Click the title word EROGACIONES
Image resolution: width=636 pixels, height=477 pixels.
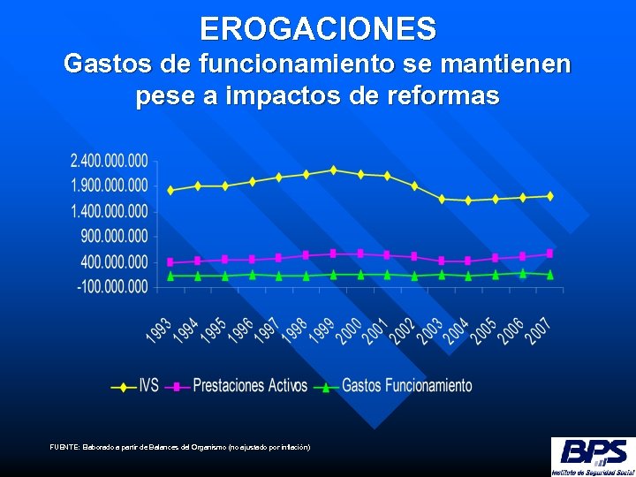pyautogui.click(x=318, y=28)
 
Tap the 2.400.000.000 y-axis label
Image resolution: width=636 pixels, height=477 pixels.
pyautogui.click(x=109, y=162)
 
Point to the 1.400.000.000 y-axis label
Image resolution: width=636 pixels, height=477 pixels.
pyautogui.click(x=109, y=211)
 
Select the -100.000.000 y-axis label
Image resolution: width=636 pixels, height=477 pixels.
pyautogui.click(x=112, y=287)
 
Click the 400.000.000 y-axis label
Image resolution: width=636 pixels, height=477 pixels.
pyautogui.click(x=114, y=262)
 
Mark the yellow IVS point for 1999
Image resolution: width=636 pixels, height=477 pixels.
pyautogui.click(x=333, y=170)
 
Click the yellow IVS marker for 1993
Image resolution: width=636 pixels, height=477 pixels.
pyautogui.click(x=170, y=190)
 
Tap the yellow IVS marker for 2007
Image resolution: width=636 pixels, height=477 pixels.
pyautogui.click(x=549, y=196)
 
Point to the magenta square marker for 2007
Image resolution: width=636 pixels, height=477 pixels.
pyautogui.click(x=549, y=254)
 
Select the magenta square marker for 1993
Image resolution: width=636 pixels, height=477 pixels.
pyautogui.click(x=170, y=262)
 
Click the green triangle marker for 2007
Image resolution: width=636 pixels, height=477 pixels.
pyautogui.click(x=549, y=275)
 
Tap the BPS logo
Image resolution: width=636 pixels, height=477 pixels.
pyautogui.click(x=592, y=455)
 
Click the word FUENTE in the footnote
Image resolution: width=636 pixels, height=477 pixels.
pyautogui.click(x=64, y=448)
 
